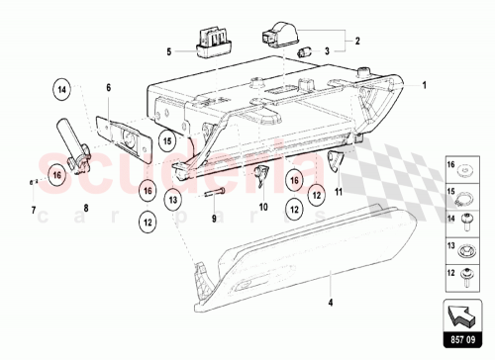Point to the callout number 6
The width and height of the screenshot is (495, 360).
click(109, 89)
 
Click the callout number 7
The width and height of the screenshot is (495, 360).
click(33, 210)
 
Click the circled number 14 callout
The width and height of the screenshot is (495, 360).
click(62, 90)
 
